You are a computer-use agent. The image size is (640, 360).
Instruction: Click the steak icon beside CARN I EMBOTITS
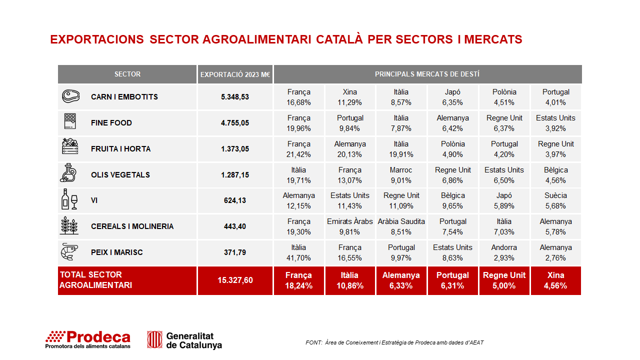point(71,96)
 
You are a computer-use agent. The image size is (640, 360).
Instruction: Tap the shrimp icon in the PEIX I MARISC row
point(69,251)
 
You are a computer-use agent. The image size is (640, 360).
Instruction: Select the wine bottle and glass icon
point(69,199)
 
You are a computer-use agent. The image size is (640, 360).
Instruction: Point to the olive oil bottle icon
point(68,173)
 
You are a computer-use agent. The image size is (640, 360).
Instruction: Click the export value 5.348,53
point(235,97)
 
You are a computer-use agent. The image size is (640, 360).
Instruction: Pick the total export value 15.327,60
point(235,280)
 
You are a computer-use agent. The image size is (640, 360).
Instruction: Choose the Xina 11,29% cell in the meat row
point(349,97)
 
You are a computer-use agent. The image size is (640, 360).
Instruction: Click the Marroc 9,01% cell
point(401,175)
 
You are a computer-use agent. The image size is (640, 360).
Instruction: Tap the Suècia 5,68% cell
point(555,200)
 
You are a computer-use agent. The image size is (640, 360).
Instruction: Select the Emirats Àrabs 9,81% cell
point(349,226)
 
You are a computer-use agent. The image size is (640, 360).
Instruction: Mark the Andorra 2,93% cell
point(504,252)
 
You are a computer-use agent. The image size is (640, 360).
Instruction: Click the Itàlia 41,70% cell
point(298,252)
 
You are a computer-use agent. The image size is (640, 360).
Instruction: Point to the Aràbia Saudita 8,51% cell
point(401,226)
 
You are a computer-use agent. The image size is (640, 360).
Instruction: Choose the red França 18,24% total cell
point(298,280)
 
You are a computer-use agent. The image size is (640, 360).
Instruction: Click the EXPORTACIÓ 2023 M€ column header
point(235,74)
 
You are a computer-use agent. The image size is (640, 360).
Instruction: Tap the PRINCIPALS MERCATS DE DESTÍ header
point(427,74)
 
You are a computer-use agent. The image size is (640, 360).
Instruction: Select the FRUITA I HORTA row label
point(120,149)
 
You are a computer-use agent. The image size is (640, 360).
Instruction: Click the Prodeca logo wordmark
point(88,339)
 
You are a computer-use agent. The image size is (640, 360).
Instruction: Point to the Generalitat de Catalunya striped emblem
point(154,339)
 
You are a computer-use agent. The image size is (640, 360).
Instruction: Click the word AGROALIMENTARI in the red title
point(257,39)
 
